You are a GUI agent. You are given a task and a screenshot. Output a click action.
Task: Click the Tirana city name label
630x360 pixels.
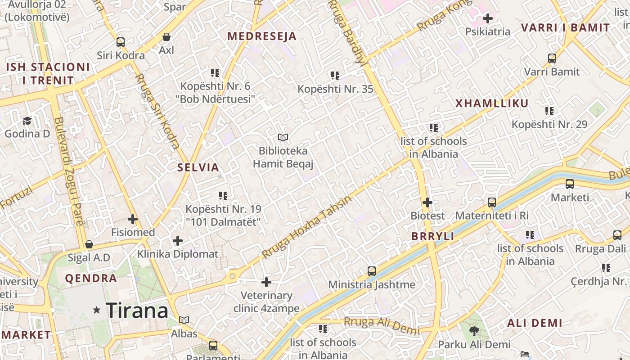pos(137,310)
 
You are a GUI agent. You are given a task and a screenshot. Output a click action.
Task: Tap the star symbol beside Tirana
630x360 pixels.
pos(96,310)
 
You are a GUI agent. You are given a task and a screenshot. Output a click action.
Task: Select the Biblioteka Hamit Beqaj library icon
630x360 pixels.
pos(283,137)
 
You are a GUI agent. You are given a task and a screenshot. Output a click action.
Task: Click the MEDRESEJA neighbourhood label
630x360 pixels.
pos(262,36)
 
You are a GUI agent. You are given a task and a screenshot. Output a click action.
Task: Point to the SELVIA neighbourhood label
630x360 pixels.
pos(198,168)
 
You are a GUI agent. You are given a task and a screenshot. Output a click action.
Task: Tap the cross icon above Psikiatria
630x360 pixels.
pos(487,18)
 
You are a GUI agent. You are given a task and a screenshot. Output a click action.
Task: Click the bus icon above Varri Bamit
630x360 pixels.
pos(552,58)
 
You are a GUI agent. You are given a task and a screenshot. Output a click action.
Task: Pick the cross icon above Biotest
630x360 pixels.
pos(427,202)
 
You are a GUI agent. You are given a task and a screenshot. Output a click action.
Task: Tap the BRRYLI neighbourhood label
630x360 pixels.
pos(432,237)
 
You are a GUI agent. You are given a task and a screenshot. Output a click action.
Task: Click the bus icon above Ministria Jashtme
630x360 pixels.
pos(372,271)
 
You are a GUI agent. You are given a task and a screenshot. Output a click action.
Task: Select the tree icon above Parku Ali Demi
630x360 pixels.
pos(474,332)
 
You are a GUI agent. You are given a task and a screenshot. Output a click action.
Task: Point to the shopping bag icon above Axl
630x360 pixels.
pos(166,37)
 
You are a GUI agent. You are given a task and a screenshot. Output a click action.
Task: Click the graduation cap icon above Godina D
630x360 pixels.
pos(27,121)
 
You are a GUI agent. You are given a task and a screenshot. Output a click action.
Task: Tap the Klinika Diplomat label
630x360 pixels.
pos(178,254)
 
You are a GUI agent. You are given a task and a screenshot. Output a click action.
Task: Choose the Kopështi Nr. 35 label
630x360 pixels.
pos(335,89)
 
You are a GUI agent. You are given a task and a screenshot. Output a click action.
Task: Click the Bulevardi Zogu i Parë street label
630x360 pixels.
pos(68,171)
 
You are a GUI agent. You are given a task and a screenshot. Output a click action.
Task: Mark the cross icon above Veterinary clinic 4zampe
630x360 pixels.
pos(266,282)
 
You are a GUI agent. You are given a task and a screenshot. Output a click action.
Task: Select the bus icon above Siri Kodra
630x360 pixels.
pos(121,42)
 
